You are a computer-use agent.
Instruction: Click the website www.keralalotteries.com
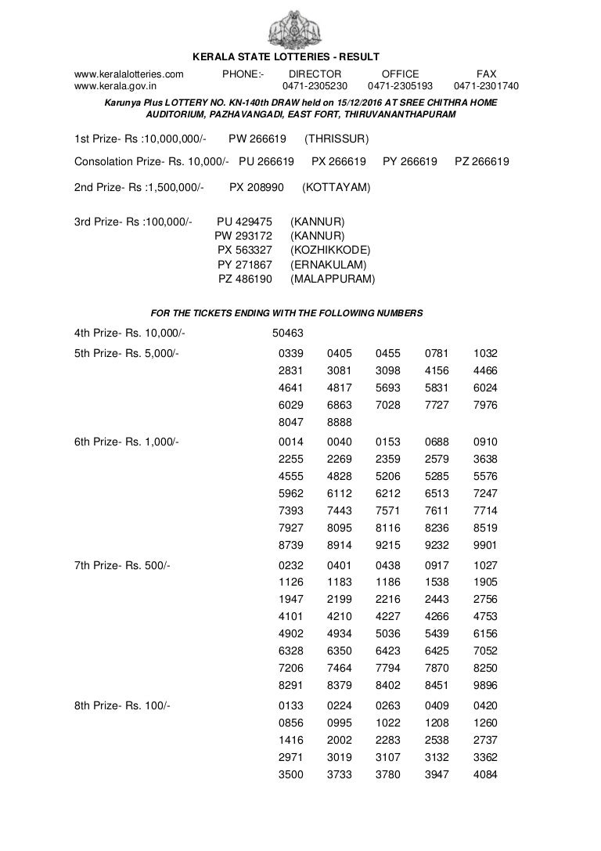click(129, 74)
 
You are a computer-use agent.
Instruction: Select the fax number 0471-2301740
click(486, 87)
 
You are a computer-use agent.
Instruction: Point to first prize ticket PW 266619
click(257, 139)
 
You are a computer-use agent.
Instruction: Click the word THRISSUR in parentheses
click(337, 139)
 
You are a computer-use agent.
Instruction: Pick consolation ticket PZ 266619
click(482, 162)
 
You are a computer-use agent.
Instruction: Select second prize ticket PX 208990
click(257, 188)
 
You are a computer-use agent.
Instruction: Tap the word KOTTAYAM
click(336, 188)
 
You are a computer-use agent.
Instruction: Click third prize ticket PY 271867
click(245, 265)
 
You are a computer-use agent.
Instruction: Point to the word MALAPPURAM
click(333, 279)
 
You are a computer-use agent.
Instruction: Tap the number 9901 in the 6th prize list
click(485, 545)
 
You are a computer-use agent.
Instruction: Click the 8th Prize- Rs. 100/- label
click(122, 705)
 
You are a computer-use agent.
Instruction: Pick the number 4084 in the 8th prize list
click(485, 774)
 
